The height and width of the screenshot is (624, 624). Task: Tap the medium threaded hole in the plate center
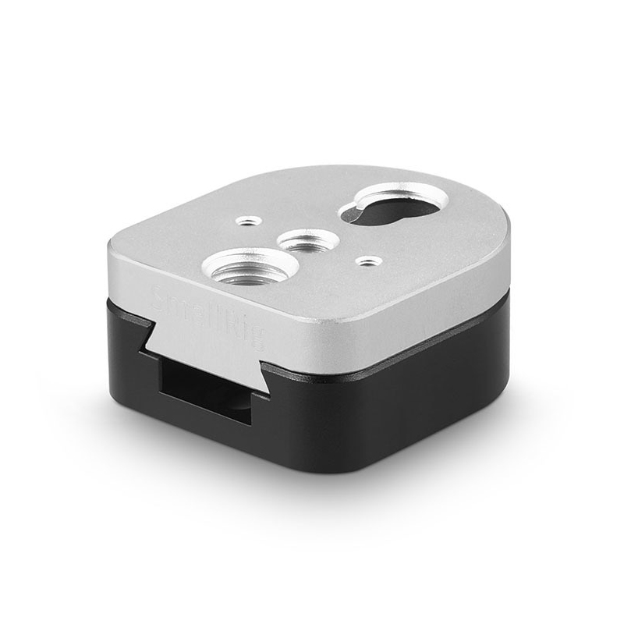pos(308,240)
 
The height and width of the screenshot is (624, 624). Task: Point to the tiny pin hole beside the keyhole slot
pos(368,261)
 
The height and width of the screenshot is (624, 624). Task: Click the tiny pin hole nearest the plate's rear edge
pos(248,221)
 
